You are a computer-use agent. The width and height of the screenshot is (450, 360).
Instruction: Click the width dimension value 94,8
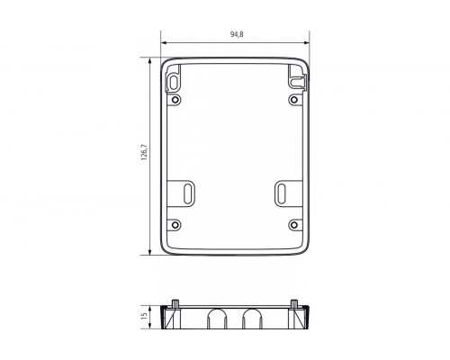pyautogui.click(x=235, y=35)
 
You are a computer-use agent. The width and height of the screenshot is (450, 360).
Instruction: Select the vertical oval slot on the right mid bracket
pyautogui.click(x=283, y=192)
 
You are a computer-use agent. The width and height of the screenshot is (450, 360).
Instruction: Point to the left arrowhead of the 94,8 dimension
pyautogui.click(x=163, y=42)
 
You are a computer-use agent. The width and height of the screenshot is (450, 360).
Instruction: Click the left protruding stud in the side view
pyautogui.click(x=174, y=301)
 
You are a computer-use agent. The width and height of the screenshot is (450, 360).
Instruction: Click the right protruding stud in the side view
pyautogui.click(x=295, y=301)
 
